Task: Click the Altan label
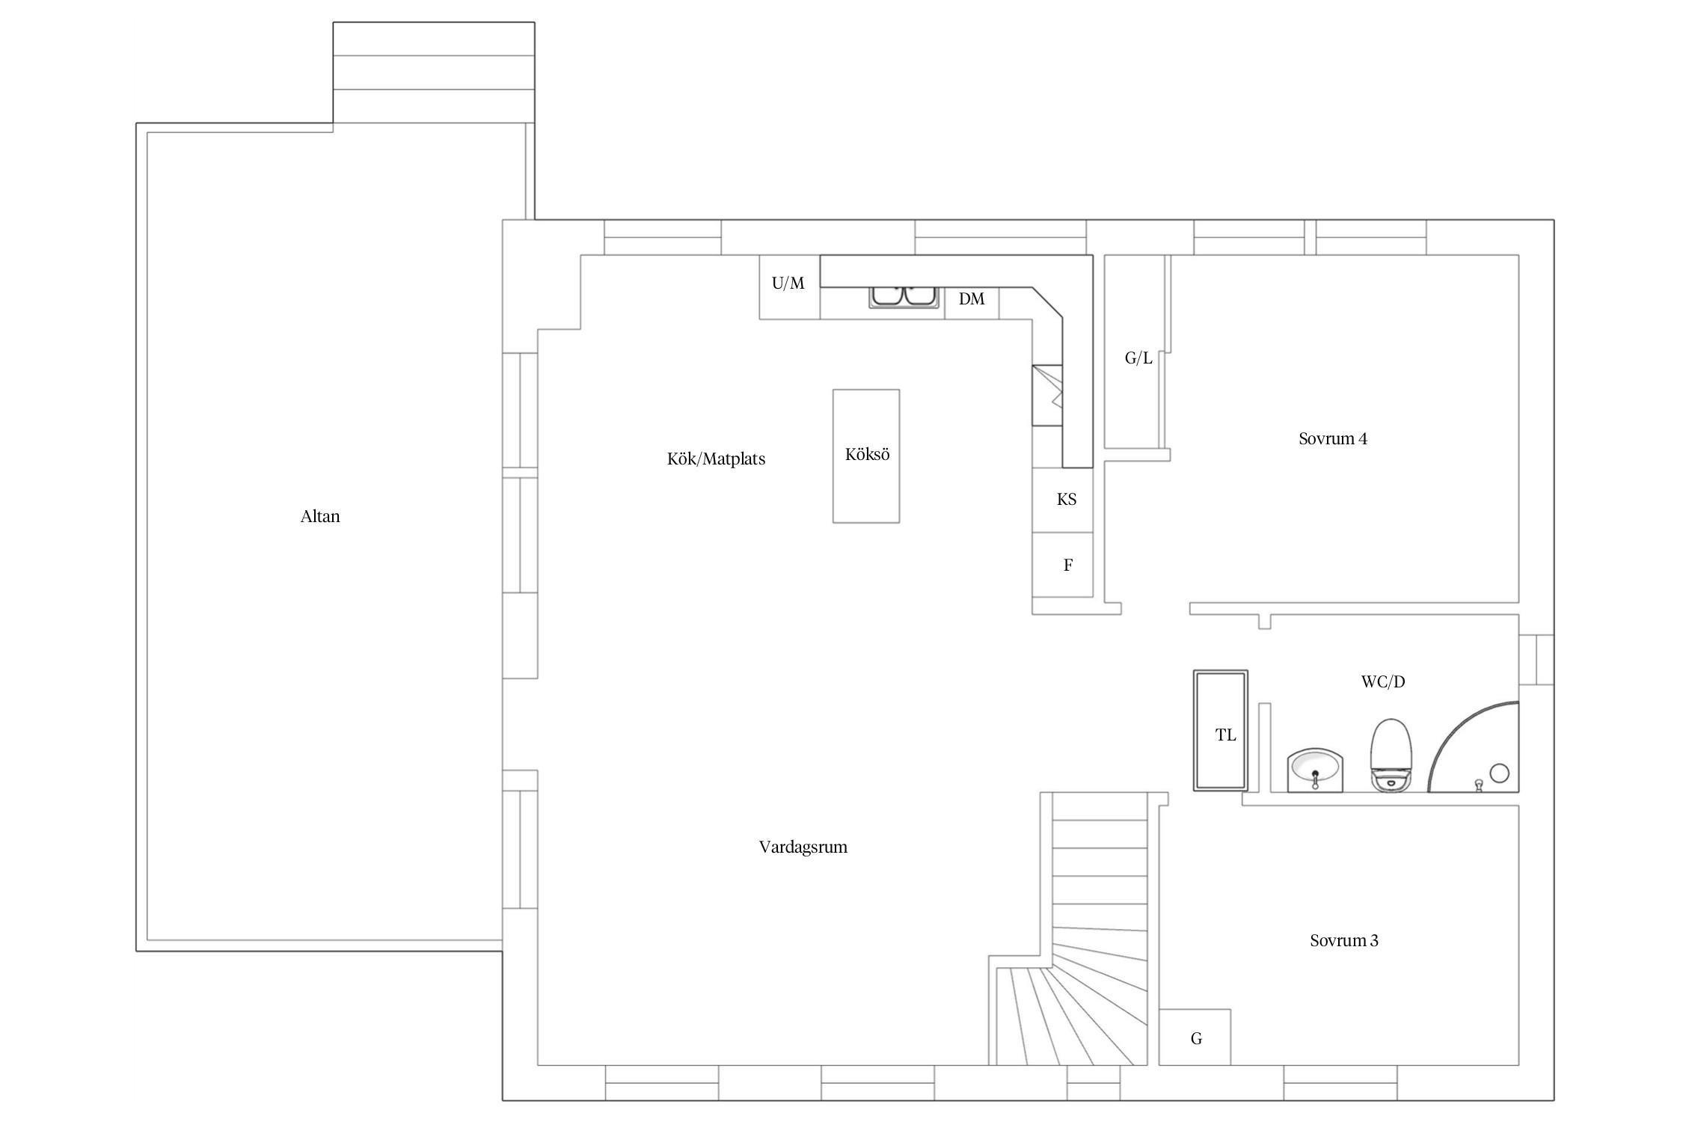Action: pos(320,516)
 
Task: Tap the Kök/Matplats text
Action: pos(716,459)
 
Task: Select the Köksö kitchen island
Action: pos(866,456)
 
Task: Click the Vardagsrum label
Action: pos(803,847)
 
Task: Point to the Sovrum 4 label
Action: pos(1333,439)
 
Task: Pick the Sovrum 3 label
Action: pos(1344,940)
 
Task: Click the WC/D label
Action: pos(1383,681)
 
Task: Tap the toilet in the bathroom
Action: pos(1391,755)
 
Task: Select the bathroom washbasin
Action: pos(1316,771)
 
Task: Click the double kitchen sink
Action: pos(904,297)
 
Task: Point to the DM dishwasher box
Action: pos(972,303)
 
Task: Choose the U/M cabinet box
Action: pos(789,287)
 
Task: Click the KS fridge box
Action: pos(1062,500)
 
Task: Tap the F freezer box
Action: pos(1062,565)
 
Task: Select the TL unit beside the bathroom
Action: pos(1220,730)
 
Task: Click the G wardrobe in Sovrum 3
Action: pos(1195,1037)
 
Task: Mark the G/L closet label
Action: pos(1138,358)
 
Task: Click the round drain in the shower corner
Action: pos(1499,773)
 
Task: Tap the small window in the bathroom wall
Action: pos(1536,660)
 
